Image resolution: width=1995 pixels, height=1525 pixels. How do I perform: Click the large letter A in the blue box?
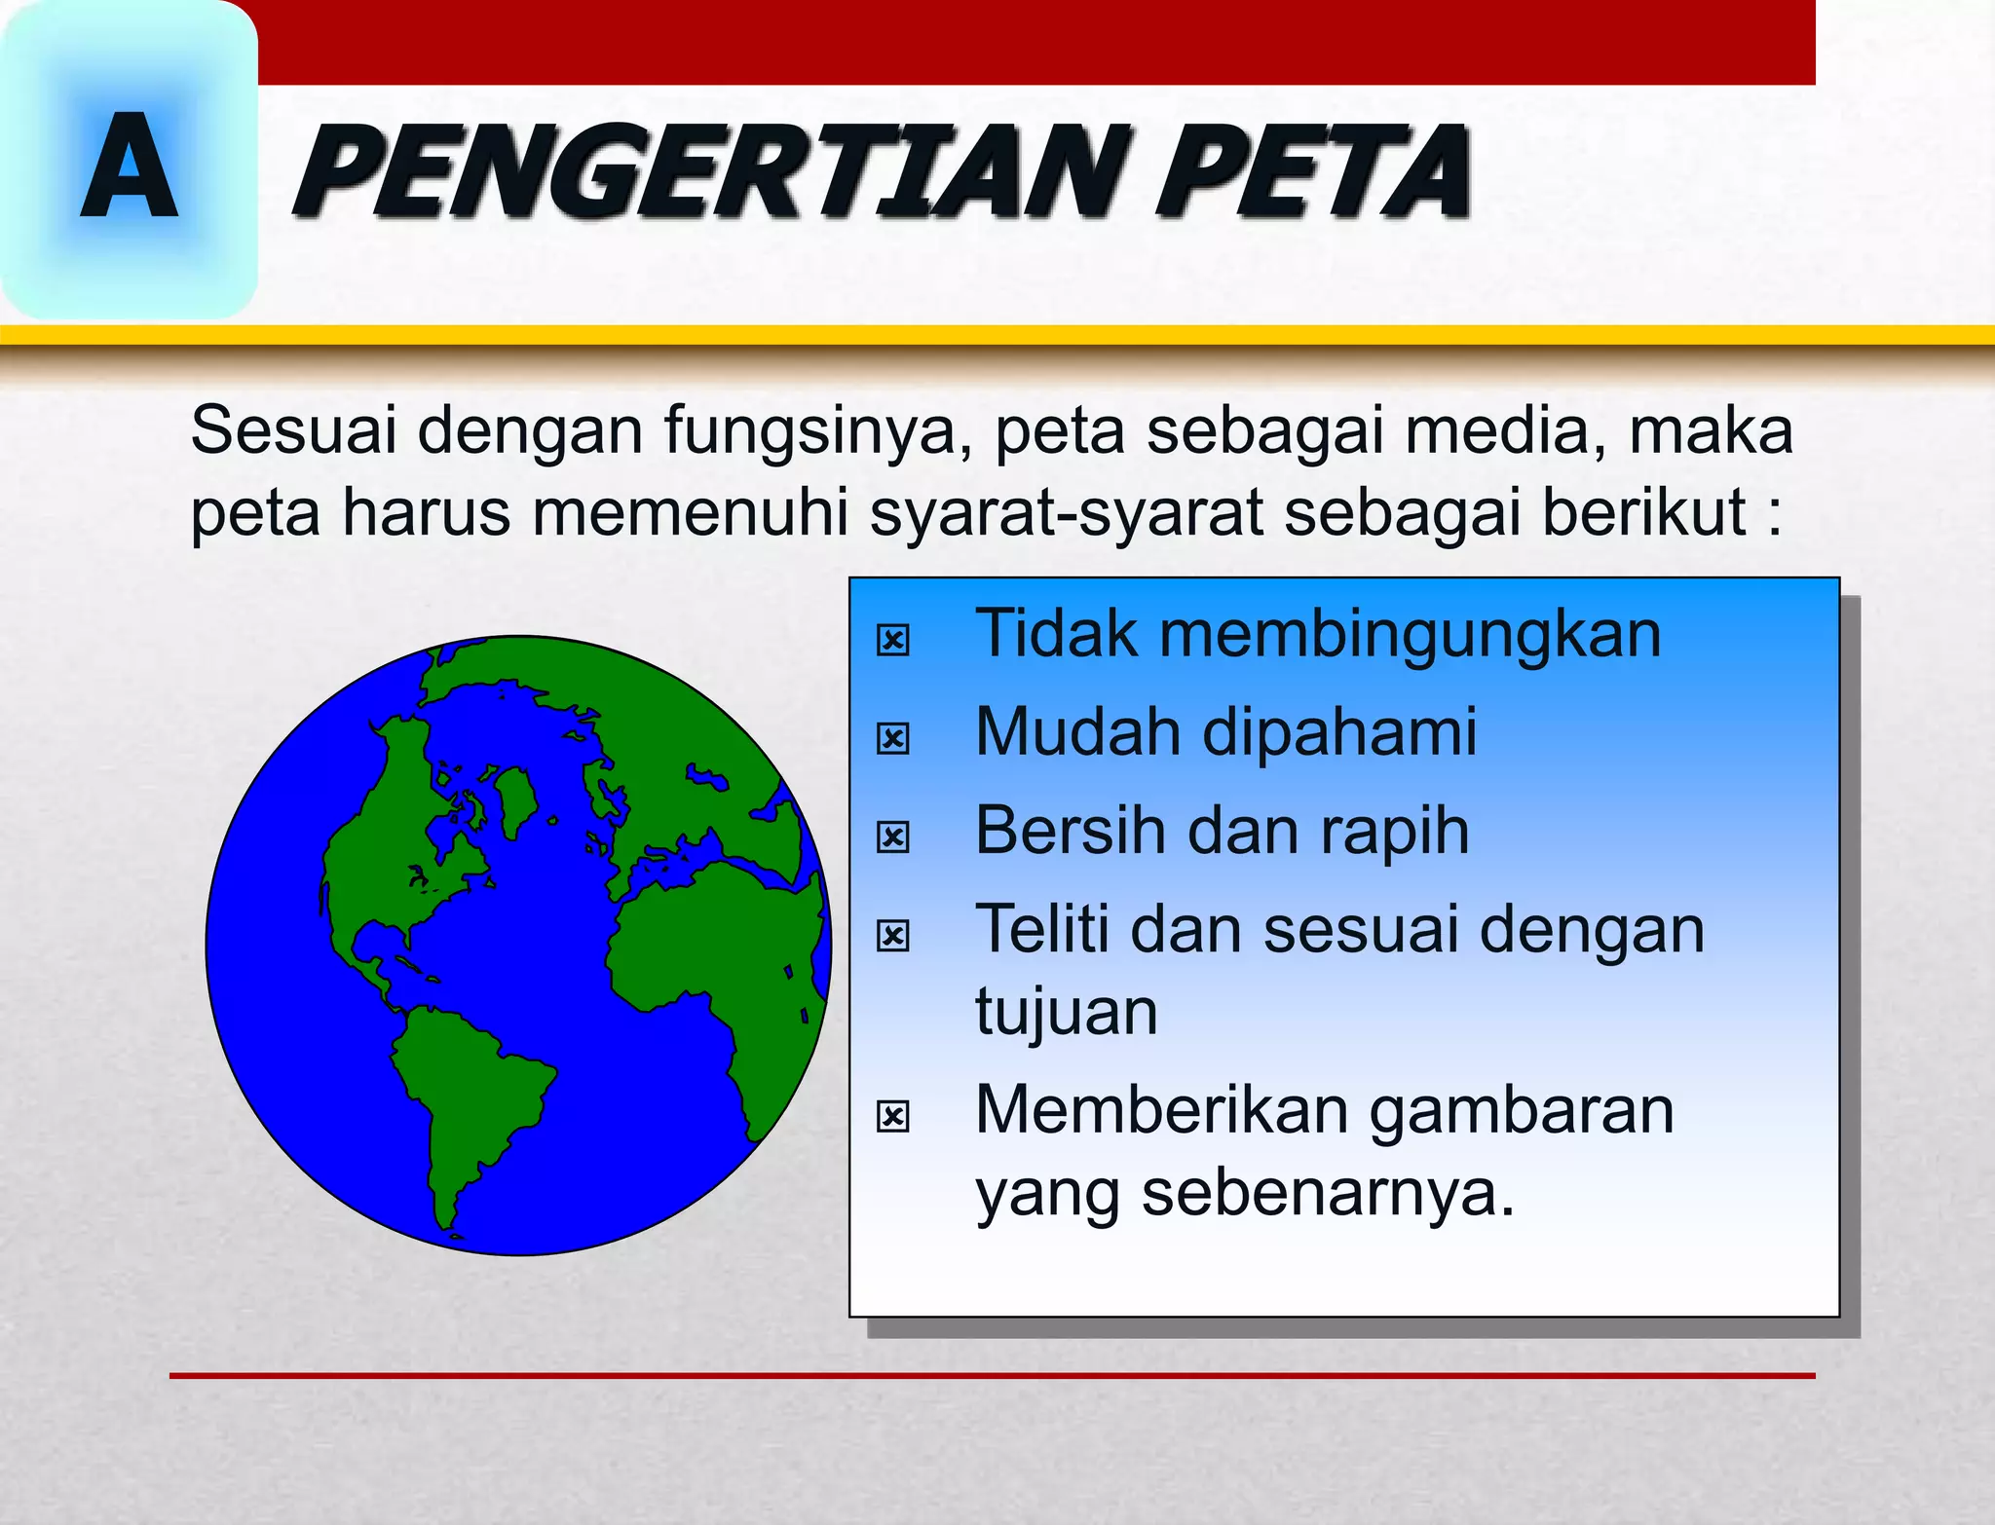click(x=129, y=166)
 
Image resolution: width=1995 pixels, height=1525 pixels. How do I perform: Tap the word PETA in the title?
click(x=1315, y=172)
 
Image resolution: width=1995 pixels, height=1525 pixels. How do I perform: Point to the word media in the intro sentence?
click(x=1503, y=430)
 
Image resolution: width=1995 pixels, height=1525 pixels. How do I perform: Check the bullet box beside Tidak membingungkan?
click(x=892, y=640)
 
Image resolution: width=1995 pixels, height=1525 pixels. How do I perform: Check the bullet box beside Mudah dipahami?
click(x=892, y=738)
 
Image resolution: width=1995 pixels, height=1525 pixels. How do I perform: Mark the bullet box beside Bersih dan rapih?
click(x=892, y=837)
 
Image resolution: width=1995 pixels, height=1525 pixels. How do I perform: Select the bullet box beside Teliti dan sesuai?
click(x=892, y=936)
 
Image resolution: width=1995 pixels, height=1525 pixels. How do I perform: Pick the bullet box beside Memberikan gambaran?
click(x=892, y=1116)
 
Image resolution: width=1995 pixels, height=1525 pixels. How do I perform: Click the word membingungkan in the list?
click(x=1410, y=635)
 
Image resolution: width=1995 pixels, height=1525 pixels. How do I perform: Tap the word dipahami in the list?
click(x=1339, y=732)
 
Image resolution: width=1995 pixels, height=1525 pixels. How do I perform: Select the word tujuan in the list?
click(x=1067, y=1013)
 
